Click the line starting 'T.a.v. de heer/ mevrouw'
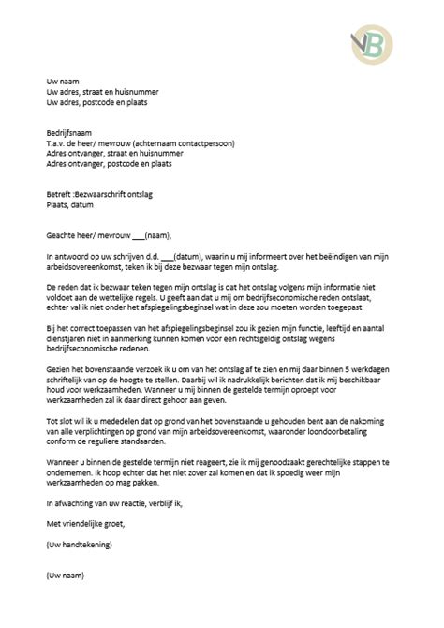click(x=140, y=145)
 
